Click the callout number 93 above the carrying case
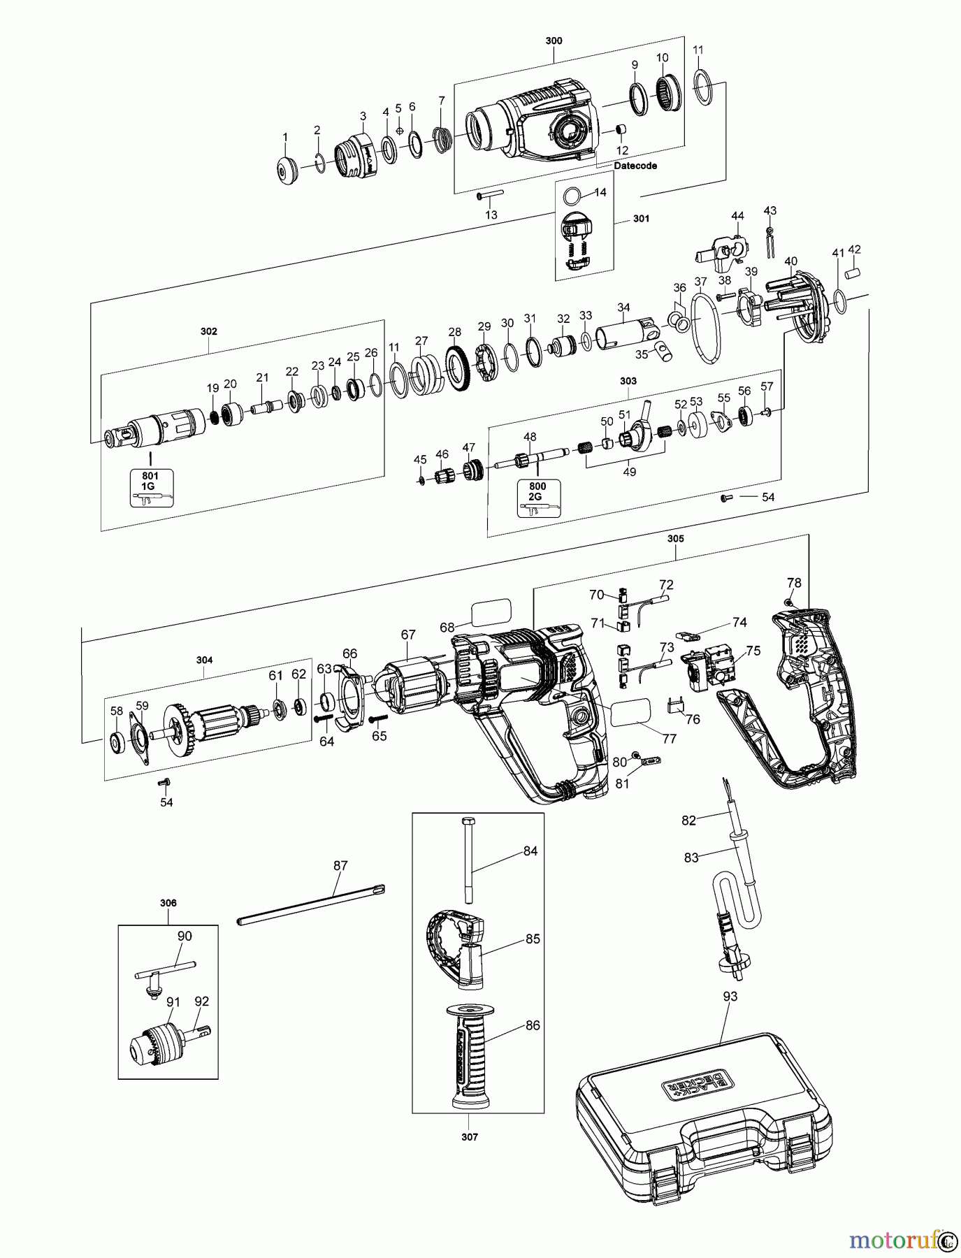[x=730, y=996]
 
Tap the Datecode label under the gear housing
[x=635, y=166]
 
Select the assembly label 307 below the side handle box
[x=470, y=1137]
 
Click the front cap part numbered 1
[x=285, y=172]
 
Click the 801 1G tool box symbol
[x=150, y=488]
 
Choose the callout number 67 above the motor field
[x=408, y=635]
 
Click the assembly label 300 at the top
[x=554, y=41]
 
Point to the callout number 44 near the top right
[x=738, y=217]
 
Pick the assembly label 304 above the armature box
[x=205, y=660]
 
